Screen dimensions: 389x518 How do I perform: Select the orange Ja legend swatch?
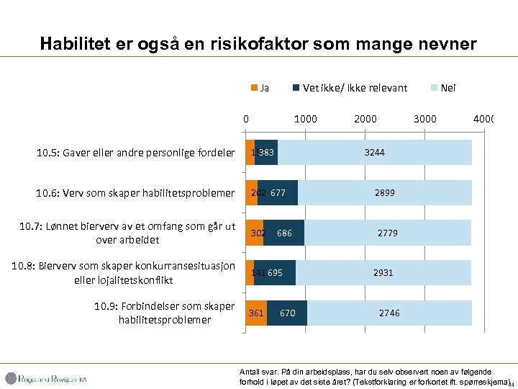[253, 88]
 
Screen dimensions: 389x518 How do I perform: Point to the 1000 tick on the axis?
[306, 119]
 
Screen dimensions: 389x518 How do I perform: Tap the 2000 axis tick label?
[365, 119]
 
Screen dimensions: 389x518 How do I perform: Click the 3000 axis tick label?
[425, 119]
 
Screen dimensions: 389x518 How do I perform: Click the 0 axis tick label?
[246, 119]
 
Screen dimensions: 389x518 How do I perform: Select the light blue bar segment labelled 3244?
[374, 153]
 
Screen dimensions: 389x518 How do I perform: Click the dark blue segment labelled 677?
[278, 193]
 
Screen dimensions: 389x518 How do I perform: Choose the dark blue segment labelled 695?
[275, 273]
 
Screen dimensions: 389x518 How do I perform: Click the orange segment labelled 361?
[256, 313]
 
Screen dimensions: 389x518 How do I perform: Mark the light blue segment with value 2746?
[389, 313]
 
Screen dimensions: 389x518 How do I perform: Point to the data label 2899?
[384, 193]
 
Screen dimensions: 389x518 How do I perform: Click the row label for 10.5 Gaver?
[135, 153]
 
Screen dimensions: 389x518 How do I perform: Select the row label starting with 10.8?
[124, 273]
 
